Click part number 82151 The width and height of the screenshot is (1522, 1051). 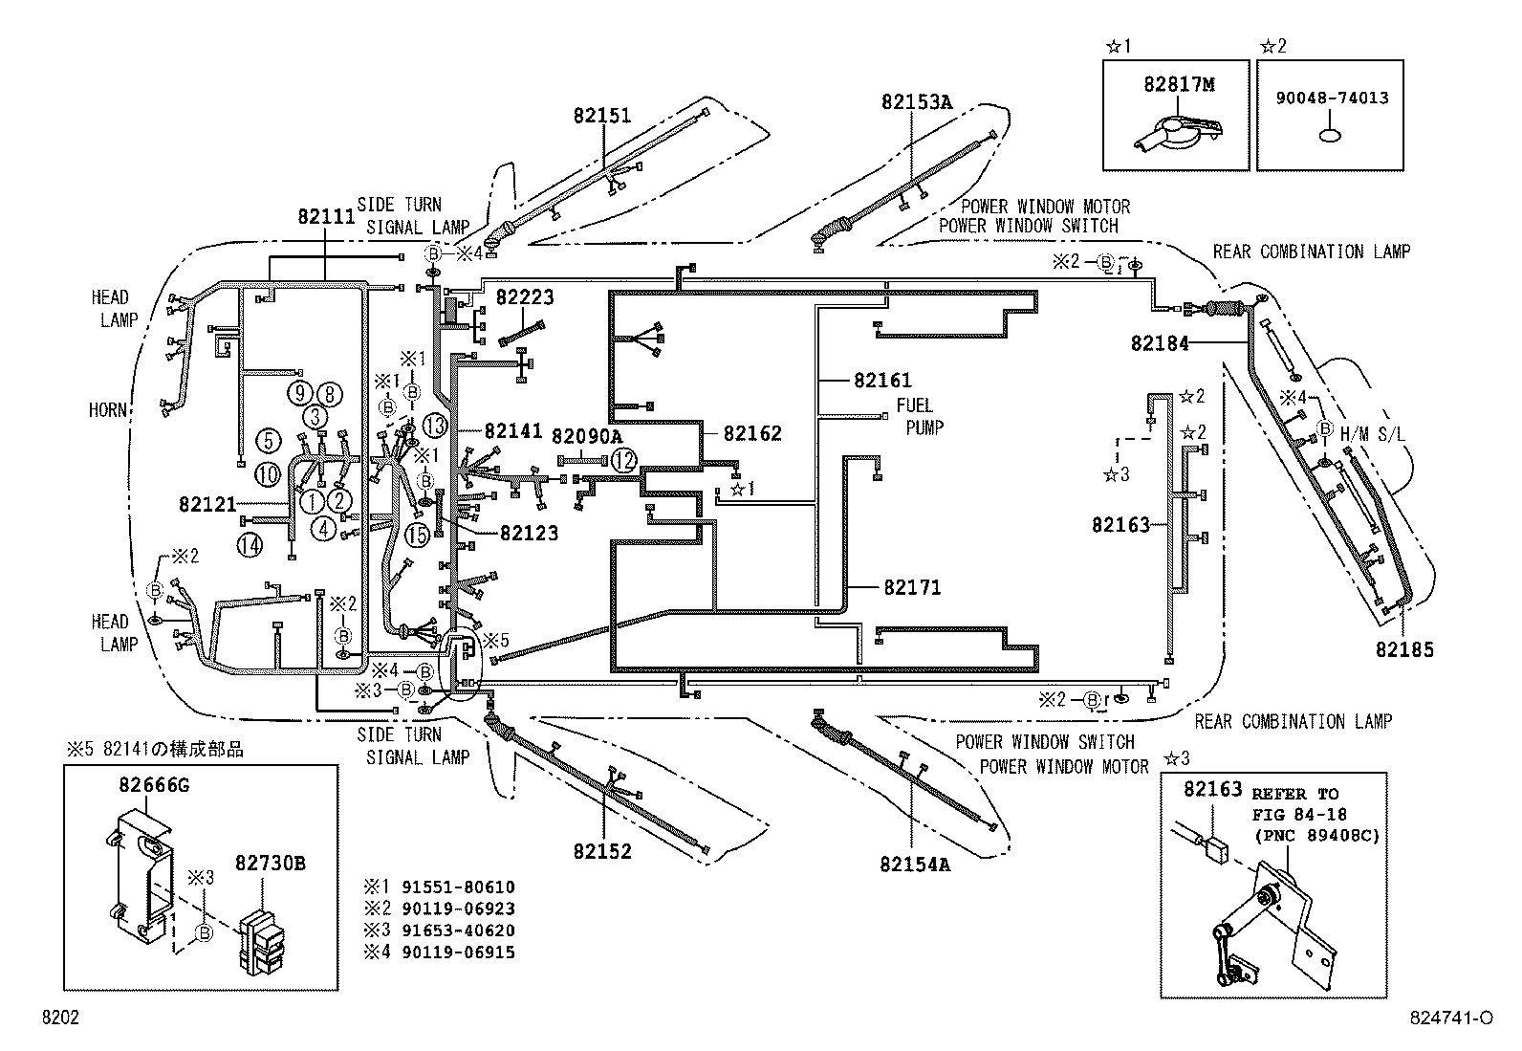coord(602,116)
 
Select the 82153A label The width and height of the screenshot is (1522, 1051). coord(917,102)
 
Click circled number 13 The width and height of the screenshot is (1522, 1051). coord(435,427)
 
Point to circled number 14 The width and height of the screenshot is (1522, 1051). coord(250,545)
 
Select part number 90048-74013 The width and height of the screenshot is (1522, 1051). coord(1331,98)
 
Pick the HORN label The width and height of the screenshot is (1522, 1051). coord(108,409)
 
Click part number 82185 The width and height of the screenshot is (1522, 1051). coord(1404,650)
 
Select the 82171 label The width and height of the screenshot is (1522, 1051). coord(912,587)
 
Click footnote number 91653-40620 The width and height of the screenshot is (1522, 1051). coord(458,930)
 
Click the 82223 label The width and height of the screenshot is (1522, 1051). coord(525,297)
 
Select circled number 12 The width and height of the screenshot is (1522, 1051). coord(623,461)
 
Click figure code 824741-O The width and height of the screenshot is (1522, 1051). coord(1450,1018)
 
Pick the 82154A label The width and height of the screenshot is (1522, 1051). coord(915,865)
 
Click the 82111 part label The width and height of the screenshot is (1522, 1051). coord(326,216)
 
